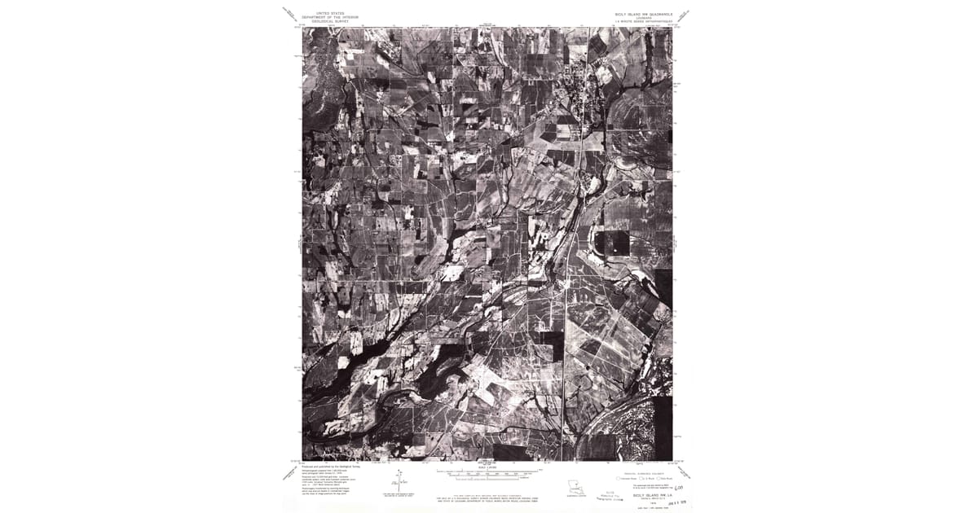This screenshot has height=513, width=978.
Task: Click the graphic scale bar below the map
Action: pyautogui.click(x=488, y=471)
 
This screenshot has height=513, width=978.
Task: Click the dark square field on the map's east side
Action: pyautogui.click(x=613, y=243)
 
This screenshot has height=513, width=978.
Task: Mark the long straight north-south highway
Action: pyautogui.click(x=565, y=342)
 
